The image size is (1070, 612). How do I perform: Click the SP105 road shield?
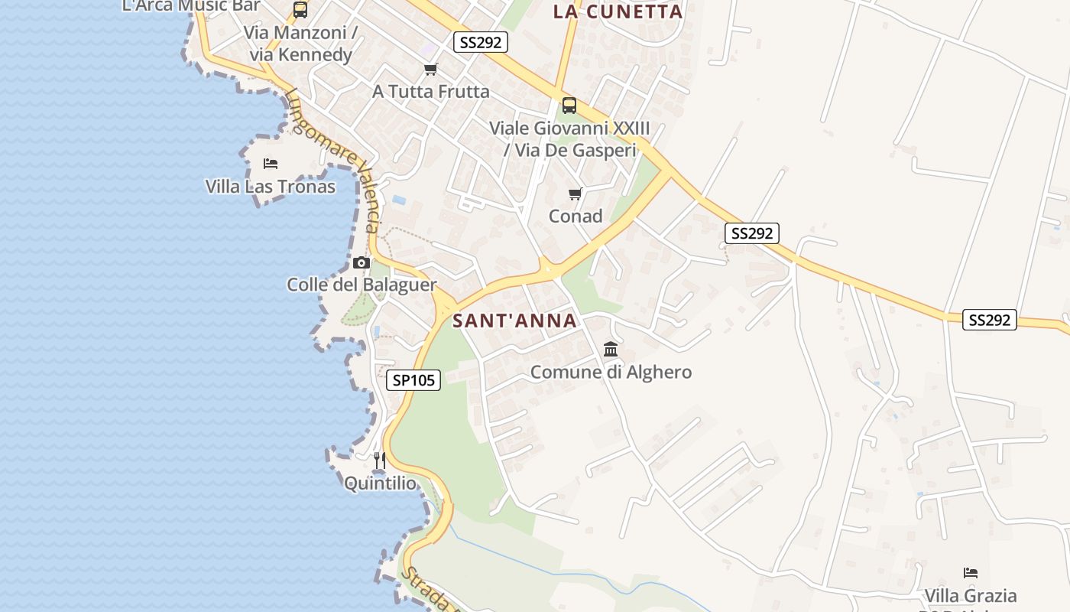[x=413, y=379]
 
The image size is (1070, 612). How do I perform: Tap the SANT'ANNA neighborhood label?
[x=514, y=321]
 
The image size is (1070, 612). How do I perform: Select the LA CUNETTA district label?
[x=618, y=11]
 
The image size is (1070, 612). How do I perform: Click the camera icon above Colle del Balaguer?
[x=362, y=262]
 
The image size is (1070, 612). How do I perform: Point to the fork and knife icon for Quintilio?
[x=379, y=461]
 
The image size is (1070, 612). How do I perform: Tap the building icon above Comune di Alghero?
[x=611, y=350]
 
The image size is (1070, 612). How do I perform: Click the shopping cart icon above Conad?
[x=576, y=194]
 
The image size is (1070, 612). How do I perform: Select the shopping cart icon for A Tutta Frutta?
[x=431, y=70]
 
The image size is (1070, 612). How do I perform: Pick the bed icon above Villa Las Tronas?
[x=270, y=163]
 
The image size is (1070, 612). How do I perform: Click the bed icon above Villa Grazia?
[x=971, y=572]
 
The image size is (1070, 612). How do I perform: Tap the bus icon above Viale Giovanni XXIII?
[x=569, y=106]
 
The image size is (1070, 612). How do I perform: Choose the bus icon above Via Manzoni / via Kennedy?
[x=300, y=10]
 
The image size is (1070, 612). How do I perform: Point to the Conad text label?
[x=576, y=216]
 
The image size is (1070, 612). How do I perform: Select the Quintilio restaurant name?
[x=381, y=483]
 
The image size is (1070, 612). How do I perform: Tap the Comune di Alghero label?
[x=611, y=373]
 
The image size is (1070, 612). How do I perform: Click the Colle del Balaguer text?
[x=362, y=285]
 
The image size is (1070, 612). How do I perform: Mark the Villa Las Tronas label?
[x=271, y=187]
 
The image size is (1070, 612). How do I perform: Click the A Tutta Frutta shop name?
[x=431, y=92]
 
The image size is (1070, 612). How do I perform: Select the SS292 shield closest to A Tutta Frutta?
[x=480, y=42]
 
